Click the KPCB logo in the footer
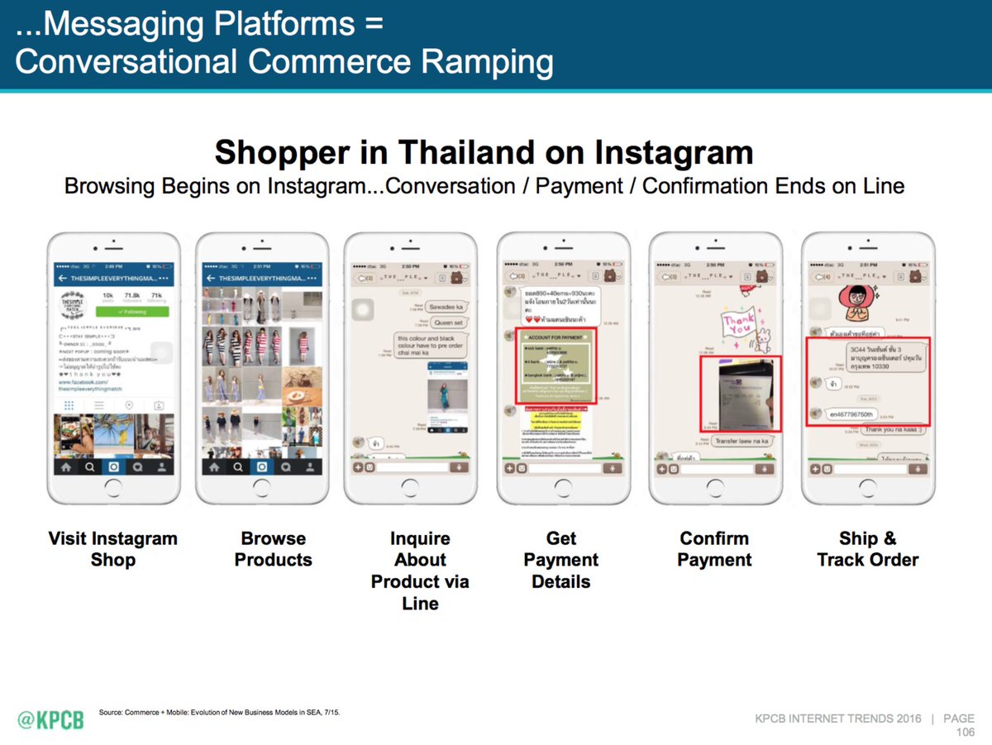tap(50, 719)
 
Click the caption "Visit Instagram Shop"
tap(112, 549)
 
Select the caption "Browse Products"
tap(273, 549)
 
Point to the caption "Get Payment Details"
tap(561, 560)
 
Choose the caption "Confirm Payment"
tap(714, 549)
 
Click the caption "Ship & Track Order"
tap(867, 549)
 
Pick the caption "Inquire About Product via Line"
tap(420, 571)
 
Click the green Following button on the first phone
tap(132, 312)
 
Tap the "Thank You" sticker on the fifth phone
tap(739, 325)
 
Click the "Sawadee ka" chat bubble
tap(448, 306)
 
